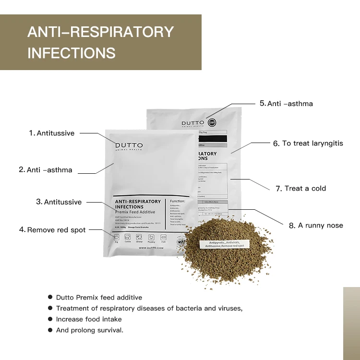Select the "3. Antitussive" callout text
[59, 202]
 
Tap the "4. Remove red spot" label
[52, 230]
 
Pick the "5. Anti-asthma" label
[286, 103]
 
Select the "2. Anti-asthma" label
[46, 169]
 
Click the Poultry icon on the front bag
[151, 237]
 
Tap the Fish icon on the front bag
[163, 237]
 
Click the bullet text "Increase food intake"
[89, 319]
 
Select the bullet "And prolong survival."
[90, 330]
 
